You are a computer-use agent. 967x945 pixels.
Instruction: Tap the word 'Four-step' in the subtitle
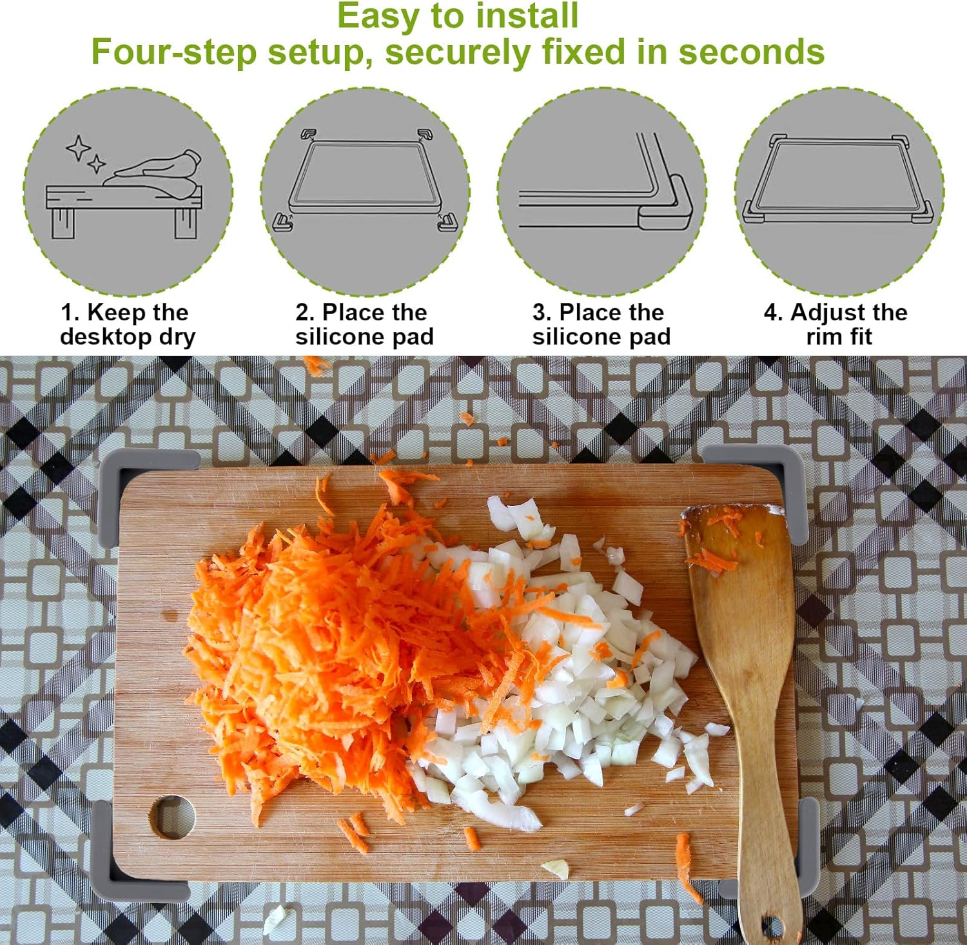(x=174, y=52)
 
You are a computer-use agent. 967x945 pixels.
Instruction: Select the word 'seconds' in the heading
(x=751, y=52)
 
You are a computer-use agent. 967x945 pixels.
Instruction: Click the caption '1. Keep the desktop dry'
(x=127, y=324)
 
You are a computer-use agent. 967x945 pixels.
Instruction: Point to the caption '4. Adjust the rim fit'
(x=836, y=324)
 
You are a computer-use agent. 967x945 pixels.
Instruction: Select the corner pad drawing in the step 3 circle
(x=667, y=205)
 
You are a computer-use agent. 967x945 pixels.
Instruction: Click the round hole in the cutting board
(x=173, y=817)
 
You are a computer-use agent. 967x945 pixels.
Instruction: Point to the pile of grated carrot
(x=322, y=645)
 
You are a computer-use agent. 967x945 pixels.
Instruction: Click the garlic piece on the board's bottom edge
(x=556, y=869)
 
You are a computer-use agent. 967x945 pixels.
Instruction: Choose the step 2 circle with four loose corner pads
(x=365, y=192)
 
